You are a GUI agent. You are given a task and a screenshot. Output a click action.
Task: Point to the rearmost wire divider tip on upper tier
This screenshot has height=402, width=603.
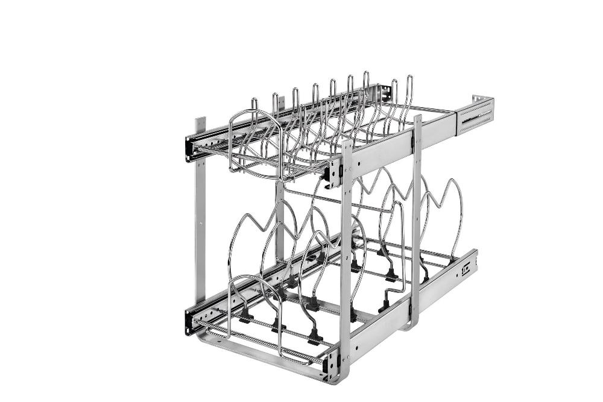click(409, 79)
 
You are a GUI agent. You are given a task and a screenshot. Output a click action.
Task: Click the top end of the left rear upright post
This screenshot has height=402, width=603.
click(200, 123)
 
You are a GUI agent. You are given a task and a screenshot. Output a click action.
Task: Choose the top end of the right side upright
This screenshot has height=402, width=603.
click(417, 118)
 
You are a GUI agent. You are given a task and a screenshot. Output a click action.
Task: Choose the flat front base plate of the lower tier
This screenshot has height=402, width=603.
click(265, 362)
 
